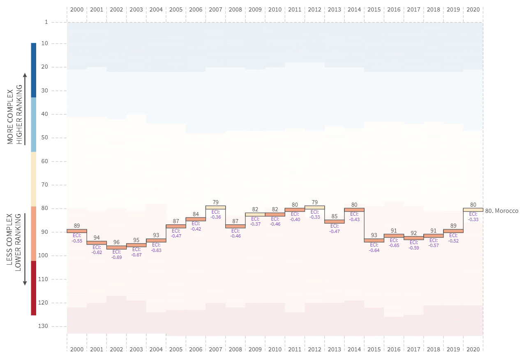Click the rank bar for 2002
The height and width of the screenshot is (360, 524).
click(x=116, y=247)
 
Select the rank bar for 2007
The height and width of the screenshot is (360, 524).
click(x=215, y=208)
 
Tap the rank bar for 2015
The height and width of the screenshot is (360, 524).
click(x=374, y=240)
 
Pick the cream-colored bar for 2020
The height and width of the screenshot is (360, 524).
click(x=473, y=210)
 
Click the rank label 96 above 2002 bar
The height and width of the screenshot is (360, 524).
click(x=116, y=242)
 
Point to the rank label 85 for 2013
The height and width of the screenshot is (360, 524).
click(x=335, y=216)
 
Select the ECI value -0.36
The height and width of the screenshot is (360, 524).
click(x=215, y=217)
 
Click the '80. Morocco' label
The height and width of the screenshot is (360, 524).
click(x=501, y=211)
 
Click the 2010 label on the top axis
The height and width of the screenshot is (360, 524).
click(x=275, y=9)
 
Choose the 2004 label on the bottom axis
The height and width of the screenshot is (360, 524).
click(x=156, y=349)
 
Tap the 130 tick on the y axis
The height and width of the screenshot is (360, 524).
click(x=44, y=326)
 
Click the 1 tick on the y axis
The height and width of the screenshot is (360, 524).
click(x=46, y=22)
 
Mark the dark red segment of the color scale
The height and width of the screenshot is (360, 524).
click(x=34, y=288)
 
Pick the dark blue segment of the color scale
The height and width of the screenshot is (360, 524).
click(x=34, y=70)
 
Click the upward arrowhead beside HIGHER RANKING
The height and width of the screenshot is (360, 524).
click(x=25, y=75)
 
